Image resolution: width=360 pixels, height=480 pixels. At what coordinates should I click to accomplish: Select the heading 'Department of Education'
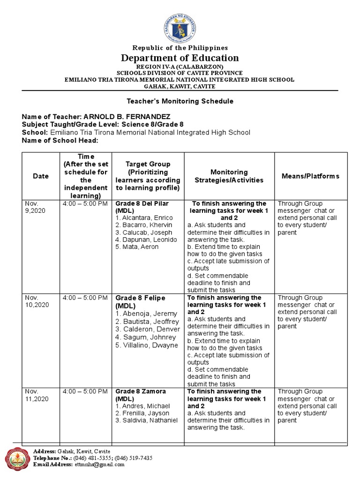click(x=180, y=58)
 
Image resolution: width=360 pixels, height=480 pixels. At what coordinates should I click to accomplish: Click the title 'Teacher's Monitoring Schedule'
click(x=180, y=101)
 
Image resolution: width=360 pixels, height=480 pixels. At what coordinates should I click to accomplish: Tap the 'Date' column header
click(x=41, y=176)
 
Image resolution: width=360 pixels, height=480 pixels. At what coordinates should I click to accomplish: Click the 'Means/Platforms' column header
click(x=310, y=176)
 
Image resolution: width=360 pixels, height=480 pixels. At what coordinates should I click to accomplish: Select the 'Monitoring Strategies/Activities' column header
click(x=229, y=176)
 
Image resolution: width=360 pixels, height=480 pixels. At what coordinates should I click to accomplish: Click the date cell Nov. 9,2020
click(x=35, y=207)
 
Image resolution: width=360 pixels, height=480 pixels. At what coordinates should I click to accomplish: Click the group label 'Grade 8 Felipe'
click(x=141, y=298)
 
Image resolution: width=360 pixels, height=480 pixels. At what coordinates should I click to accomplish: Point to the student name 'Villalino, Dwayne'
click(x=150, y=345)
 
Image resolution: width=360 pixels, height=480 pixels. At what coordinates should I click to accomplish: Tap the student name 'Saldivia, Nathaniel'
click(x=150, y=420)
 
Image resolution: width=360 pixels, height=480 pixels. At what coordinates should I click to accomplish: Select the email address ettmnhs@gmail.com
click(x=99, y=465)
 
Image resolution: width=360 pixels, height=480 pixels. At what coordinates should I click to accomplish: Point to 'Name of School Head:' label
click(x=60, y=141)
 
